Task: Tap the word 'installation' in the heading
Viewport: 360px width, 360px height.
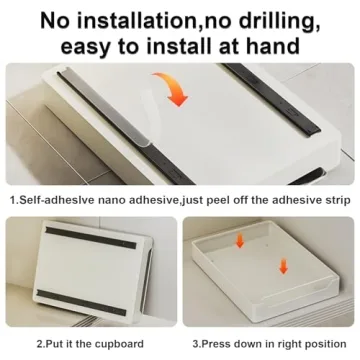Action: [x=128, y=17]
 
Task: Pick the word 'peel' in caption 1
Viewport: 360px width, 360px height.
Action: [x=226, y=200]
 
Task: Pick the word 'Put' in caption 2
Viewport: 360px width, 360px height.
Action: [x=56, y=343]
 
